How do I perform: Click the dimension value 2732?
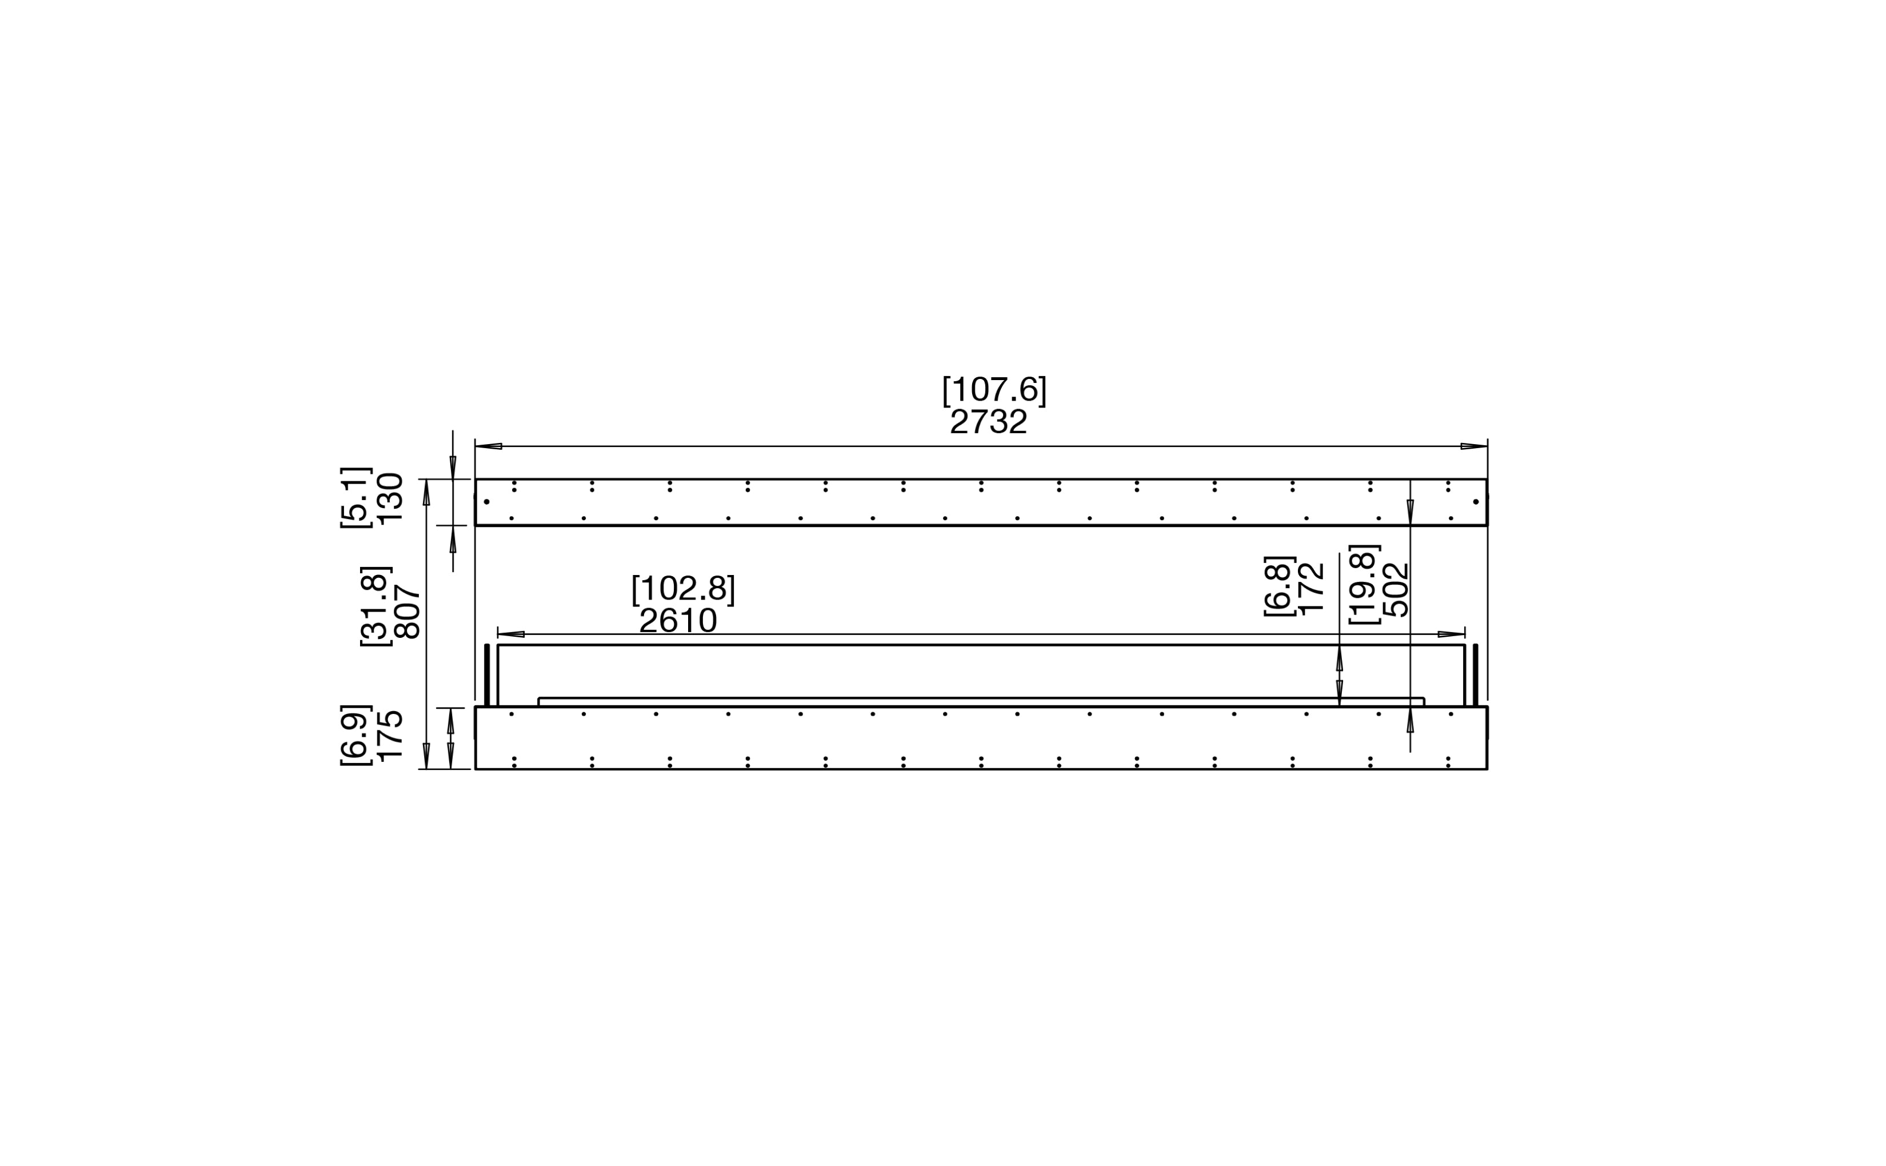(989, 422)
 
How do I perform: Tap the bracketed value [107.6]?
(994, 390)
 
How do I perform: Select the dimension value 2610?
(678, 621)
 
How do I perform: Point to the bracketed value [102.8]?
(683, 589)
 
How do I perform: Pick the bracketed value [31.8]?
(376, 606)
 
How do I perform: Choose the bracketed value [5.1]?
(356, 497)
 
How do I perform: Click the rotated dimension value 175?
(391, 735)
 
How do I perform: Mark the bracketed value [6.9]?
(356, 735)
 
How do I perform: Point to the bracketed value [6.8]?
(1278, 586)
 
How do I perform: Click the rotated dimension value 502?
(1396, 589)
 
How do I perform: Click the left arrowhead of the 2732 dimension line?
(489, 446)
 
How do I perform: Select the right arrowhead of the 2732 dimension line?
(1473, 446)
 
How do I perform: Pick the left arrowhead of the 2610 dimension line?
(511, 634)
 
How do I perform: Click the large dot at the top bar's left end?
(486, 502)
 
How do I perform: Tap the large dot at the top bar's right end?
(1476, 502)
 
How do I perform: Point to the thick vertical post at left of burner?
(486, 675)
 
